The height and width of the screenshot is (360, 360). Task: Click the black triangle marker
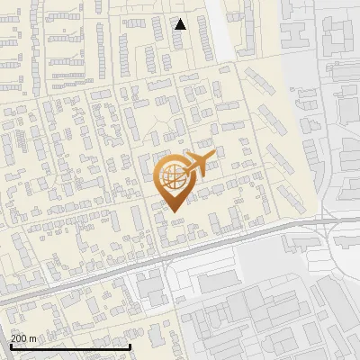click(180, 24)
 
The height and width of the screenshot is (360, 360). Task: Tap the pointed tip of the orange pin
click(175, 212)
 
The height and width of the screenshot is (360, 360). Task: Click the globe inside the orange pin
click(174, 181)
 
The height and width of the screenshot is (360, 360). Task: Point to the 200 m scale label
click(23, 338)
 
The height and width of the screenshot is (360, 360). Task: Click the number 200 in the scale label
click(19, 338)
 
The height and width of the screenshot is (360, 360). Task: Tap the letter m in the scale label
click(32, 338)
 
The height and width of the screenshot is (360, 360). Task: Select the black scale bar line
click(70, 346)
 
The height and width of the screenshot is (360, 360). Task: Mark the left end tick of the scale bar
click(11, 345)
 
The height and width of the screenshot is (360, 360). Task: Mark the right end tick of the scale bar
click(130, 345)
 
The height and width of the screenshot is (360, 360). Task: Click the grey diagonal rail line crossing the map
click(135, 265)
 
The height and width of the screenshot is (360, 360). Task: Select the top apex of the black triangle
click(180, 19)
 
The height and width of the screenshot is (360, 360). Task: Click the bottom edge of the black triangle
click(180, 29)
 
